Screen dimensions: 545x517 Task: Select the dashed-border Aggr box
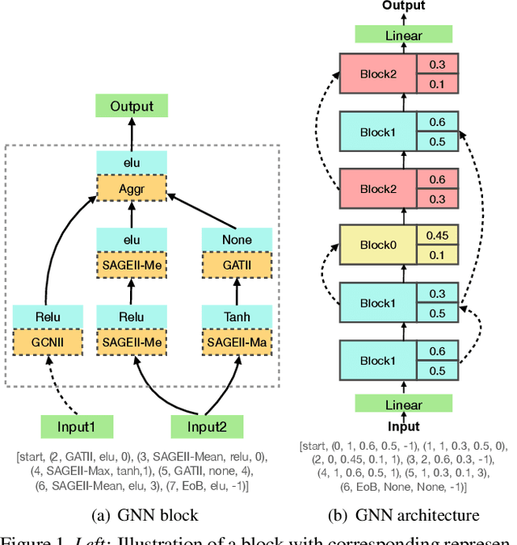pyautogui.click(x=131, y=190)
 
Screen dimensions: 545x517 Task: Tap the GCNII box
pyautogui.click(x=48, y=342)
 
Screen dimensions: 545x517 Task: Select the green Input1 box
pyautogui.click(x=78, y=426)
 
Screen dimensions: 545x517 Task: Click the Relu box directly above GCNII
pyautogui.click(x=48, y=317)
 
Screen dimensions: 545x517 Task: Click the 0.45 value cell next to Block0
pyautogui.click(x=437, y=235)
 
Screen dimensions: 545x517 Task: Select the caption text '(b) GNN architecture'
pyautogui.click(x=404, y=514)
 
